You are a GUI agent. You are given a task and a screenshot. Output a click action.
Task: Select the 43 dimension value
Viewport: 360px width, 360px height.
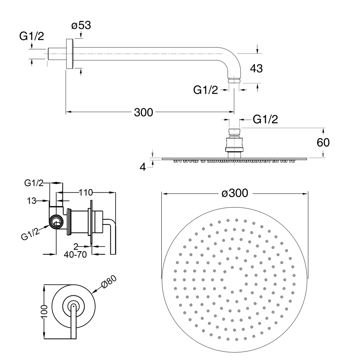(x=256, y=68)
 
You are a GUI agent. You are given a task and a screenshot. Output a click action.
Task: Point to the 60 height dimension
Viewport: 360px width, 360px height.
(x=323, y=143)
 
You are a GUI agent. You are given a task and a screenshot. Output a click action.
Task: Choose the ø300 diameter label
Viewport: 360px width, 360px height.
(x=234, y=193)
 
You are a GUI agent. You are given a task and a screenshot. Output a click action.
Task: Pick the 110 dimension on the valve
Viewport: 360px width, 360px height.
(x=85, y=192)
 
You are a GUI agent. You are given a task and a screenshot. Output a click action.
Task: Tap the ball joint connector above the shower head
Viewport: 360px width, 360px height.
(x=234, y=142)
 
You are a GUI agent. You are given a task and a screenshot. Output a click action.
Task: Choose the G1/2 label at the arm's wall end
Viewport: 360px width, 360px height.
(x=31, y=36)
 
